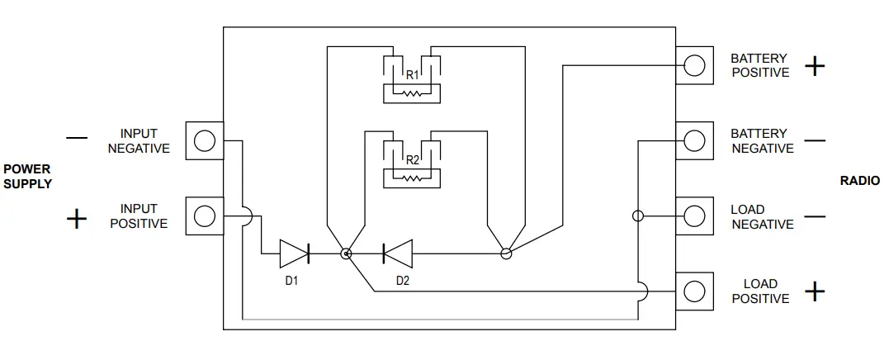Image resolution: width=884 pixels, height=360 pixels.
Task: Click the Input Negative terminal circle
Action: pos(204,141)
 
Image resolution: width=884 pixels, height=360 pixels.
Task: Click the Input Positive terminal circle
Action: pos(204,216)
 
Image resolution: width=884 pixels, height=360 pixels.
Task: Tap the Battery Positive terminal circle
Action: pos(695,65)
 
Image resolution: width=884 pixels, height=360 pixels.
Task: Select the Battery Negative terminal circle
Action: pos(695,140)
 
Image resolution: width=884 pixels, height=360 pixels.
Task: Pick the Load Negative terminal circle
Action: pos(695,216)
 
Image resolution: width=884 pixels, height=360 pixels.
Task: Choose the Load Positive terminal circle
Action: pos(695,291)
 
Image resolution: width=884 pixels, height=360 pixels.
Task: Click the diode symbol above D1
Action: pos(295,253)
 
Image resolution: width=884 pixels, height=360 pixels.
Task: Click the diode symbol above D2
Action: pos(397,253)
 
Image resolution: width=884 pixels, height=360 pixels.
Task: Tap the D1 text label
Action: pos(291,281)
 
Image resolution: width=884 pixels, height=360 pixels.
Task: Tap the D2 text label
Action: pos(402,281)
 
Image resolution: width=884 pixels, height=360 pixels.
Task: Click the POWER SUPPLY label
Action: pos(27,177)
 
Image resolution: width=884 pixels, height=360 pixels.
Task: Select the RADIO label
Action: pos(859,181)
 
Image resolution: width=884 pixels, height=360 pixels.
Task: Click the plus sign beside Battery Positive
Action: pos(815,66)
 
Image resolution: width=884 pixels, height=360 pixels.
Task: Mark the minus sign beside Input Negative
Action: pos(76,139)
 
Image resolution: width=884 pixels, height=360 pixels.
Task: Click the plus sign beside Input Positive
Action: pos(76,219)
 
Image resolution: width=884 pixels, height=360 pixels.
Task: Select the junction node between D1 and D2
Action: pos(347,253)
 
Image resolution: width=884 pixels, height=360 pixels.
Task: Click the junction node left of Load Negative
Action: pos(637,216)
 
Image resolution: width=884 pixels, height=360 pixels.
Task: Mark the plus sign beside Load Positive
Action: pos(815,291)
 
